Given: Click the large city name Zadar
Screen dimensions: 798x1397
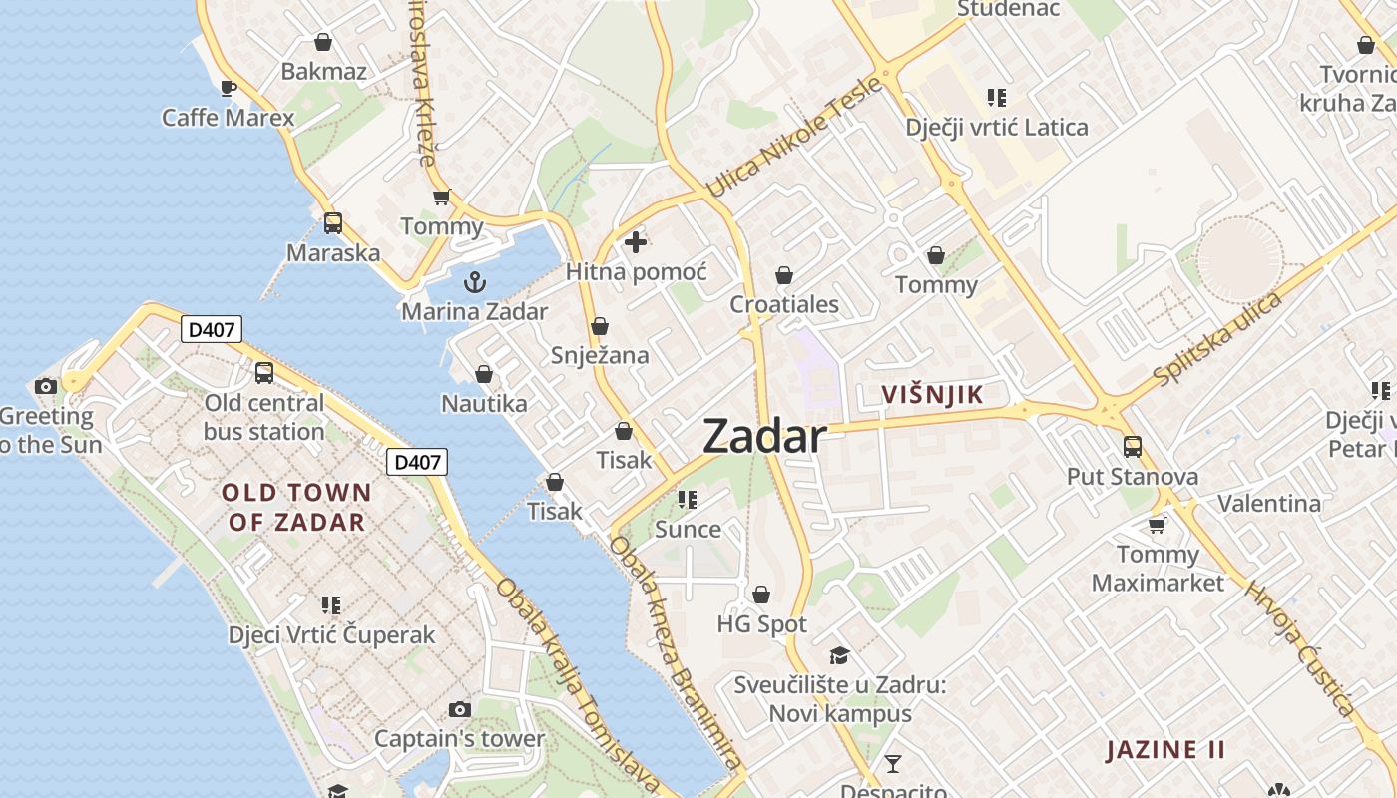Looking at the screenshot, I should (764, 437).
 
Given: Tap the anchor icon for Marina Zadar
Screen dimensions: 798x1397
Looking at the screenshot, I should (475, 281).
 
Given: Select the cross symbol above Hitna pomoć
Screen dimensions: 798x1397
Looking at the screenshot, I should (636, 241).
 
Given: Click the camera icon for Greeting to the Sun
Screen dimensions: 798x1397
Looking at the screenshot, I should (45, 386).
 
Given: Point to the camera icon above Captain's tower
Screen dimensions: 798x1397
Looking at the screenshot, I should (459, 709).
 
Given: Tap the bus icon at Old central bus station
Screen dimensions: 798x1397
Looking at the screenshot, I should (264, 373).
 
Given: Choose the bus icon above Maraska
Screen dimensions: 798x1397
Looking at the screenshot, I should (333, 223).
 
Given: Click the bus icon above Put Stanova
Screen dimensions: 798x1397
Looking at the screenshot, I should (1132, 446).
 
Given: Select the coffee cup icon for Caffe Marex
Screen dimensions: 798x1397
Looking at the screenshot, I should (229, 88).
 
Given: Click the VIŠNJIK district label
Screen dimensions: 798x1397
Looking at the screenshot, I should (932, 395).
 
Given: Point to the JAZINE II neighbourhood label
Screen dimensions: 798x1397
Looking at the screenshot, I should (1164, 750).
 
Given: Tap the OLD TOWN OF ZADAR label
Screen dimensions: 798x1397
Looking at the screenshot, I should (296, 507).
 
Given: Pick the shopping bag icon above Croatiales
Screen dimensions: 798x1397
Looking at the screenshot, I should (784, 274).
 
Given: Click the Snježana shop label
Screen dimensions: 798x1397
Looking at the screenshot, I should (600, 355).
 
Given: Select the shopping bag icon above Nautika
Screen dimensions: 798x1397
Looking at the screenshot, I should (484, 374).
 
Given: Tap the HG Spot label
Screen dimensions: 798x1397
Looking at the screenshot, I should (761, 624).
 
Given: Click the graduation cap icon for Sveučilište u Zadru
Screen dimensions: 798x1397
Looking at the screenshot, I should (839, 655).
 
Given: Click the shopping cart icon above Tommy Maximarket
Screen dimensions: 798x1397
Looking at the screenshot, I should (1157, 524).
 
